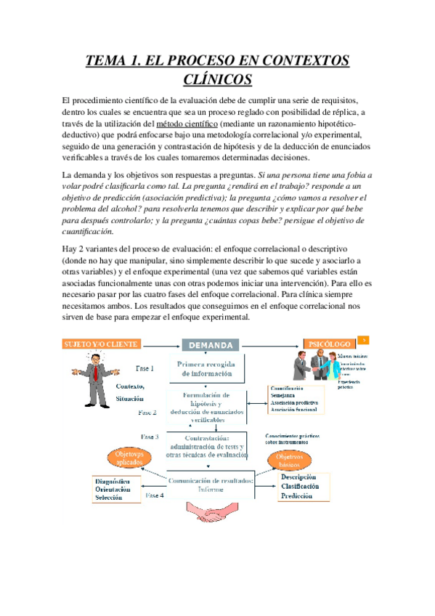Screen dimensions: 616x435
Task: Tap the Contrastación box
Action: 207,445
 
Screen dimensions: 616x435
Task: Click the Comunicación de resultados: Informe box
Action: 210,485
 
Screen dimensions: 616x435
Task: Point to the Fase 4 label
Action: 154,495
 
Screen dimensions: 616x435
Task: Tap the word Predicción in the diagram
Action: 297,497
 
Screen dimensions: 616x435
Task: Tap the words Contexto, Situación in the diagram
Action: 129,392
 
